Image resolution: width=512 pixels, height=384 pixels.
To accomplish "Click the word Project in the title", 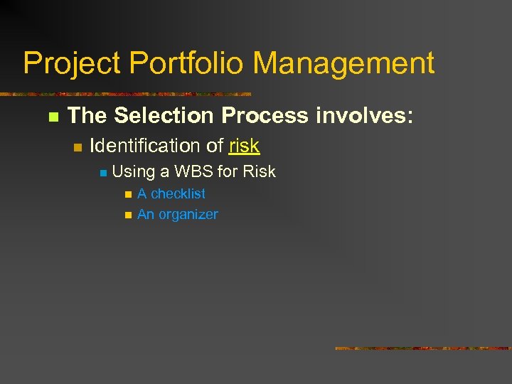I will pos(72,64).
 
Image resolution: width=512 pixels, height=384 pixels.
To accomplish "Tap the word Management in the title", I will pos(344,64).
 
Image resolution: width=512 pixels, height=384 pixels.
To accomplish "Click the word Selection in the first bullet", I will pos(164,115).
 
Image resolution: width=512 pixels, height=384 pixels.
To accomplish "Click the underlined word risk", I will pos(244,146).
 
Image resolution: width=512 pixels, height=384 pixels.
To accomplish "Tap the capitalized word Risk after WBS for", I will pos(259,171).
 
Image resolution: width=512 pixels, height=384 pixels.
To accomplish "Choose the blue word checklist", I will pos(178,193).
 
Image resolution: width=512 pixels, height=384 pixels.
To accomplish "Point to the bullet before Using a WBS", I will pos(102,173).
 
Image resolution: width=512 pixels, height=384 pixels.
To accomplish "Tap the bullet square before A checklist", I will pos(127,194).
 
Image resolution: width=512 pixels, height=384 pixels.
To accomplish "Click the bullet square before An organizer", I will pos(127,215).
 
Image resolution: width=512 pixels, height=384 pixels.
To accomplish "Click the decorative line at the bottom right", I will pos(422,348).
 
